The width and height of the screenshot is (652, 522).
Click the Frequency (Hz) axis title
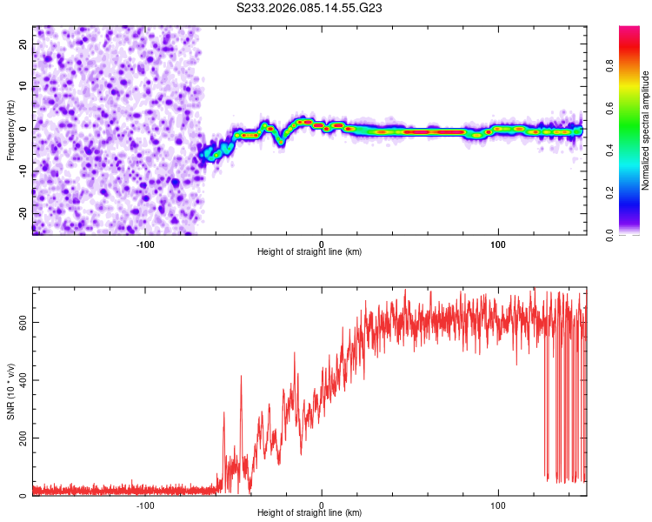(10, 129)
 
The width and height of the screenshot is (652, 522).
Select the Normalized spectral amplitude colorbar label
(646, 130)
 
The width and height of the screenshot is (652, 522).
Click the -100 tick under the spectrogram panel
(145, 244)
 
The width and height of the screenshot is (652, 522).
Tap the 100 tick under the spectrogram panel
(498, 244)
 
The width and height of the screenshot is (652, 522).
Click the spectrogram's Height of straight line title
(309, 252)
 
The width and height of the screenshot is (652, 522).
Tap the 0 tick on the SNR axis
(24, 496)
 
